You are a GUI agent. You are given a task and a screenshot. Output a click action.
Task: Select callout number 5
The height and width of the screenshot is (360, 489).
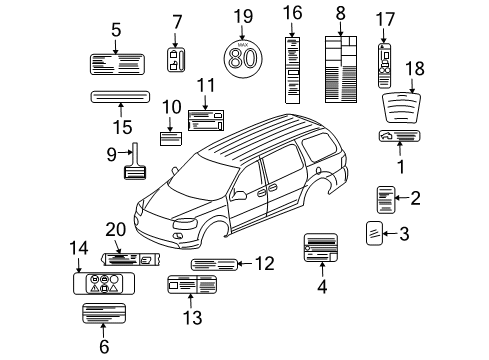[x=116, y=29]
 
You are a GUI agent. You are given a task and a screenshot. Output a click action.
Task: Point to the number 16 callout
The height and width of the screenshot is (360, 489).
[x=293, y=12]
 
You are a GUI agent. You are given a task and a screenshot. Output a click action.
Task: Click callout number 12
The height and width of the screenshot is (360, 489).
[x=264, y=264]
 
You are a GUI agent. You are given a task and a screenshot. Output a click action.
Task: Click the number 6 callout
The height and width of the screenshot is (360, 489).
[x=103, y=347]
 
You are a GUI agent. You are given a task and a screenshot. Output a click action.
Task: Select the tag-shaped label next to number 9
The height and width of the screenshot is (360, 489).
[x=134, y=165]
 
